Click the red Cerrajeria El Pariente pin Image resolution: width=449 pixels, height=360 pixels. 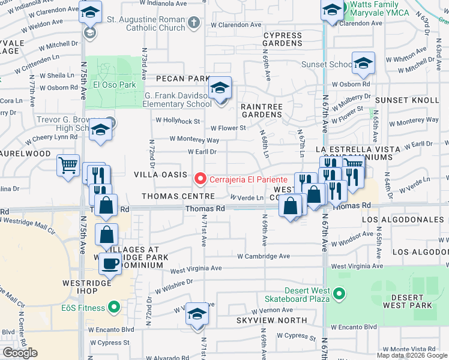(x=200, y=179)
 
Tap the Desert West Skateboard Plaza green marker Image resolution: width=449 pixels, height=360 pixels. (x=339, y=293)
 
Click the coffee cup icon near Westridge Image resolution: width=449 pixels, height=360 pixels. (x=109, y=263)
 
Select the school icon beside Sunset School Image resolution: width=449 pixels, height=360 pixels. (x=363, y=64)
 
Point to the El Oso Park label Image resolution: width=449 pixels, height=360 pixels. (x=114, y=85)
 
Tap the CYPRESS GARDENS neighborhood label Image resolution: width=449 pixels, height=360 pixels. (x=282, y=39)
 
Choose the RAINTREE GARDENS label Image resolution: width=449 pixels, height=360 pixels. (x=261, y=110)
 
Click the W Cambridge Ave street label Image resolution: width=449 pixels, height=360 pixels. (x=264, y=256)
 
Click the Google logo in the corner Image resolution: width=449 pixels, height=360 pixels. (x=20, y=353)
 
